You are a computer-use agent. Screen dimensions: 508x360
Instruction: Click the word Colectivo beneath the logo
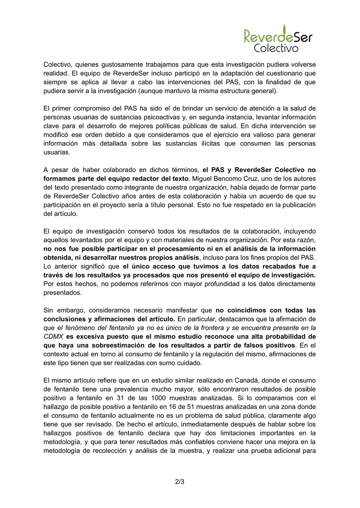pyautogui.click(x=276, y=48)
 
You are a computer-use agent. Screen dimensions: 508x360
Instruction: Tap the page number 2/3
pyautogui.click(x=180, y=482)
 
